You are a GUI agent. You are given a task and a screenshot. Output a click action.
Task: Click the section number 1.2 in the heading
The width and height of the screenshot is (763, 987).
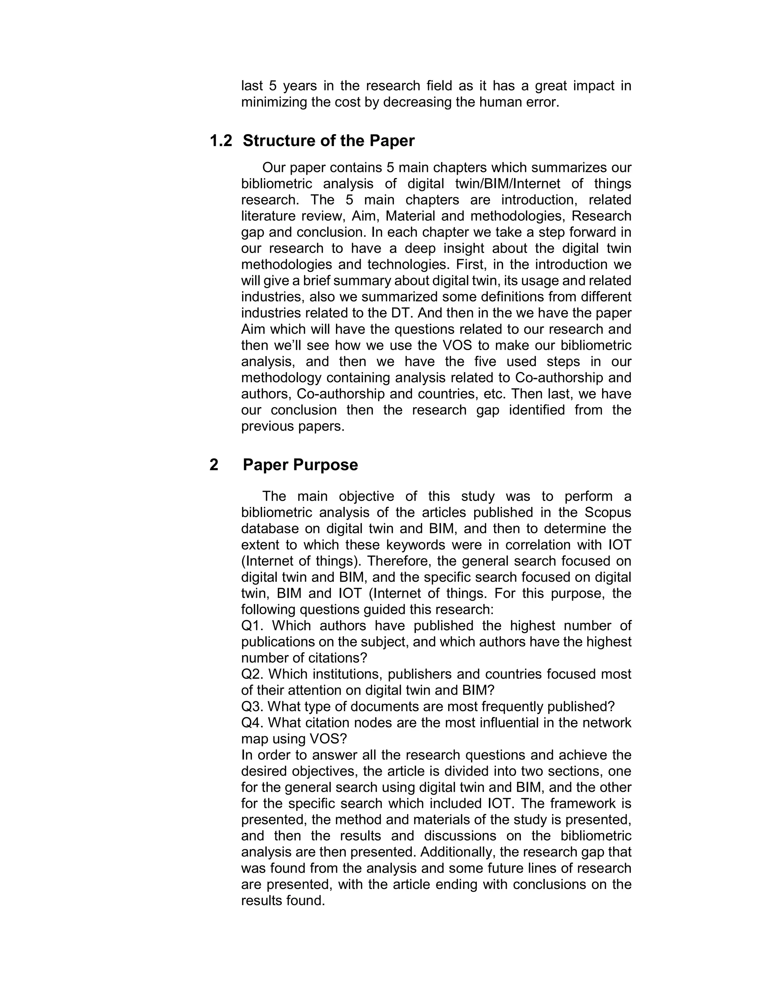click(x=221, y=141)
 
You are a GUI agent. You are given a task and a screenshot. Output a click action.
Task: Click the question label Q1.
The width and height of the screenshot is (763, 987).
click(x=252, y=626)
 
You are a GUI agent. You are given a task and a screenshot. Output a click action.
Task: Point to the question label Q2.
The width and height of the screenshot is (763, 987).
click(x=252, y=674)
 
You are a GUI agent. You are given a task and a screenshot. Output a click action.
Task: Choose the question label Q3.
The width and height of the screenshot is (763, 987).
click(x=252, y=706)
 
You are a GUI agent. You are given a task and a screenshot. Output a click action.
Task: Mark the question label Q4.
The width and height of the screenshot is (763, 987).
click(x=252, y=723)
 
